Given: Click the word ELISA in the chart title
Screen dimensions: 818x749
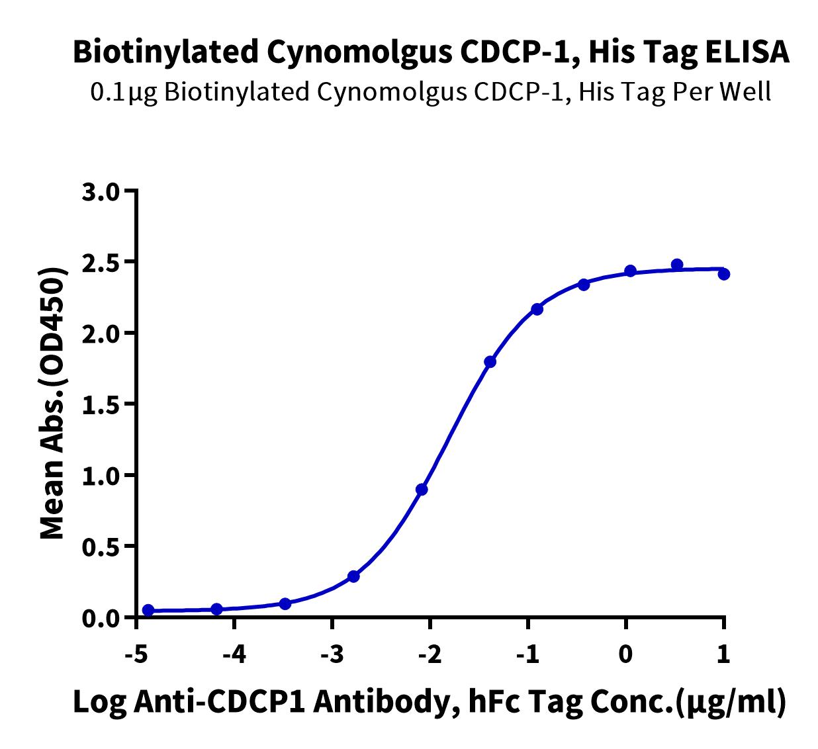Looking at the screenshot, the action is click(747, 52).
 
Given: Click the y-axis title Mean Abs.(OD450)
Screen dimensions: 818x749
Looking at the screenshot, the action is click(53, 403).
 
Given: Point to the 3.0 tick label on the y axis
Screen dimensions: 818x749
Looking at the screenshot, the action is click(101, 192).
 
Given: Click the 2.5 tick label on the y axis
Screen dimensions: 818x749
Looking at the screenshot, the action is click(101, 263).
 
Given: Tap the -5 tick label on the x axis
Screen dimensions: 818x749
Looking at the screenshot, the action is click(136, 654).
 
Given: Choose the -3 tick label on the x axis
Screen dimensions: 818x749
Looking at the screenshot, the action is click(332, 654).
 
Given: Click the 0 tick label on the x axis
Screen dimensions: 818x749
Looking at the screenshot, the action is click(625, 654).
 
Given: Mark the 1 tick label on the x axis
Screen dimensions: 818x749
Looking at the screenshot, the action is click(723, 654).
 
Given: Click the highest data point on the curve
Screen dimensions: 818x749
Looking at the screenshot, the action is click(677, 265).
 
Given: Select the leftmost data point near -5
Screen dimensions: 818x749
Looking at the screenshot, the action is click(148, 610).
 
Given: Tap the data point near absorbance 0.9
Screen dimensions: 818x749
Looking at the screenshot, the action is click(422, 489).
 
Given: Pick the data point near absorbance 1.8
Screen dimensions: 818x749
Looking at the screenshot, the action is click(490, 362).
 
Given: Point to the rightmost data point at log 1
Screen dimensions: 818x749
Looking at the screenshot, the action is click(724, 275).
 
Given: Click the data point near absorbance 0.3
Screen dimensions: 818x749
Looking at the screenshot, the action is click(353, 576).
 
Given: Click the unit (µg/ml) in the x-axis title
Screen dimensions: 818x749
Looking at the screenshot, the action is click(729, 703).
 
